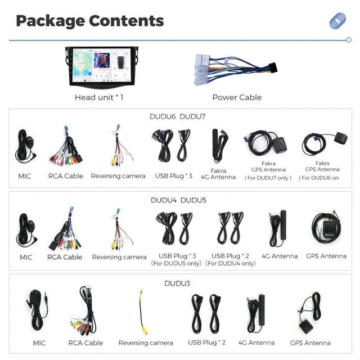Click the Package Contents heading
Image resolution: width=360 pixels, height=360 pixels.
click(90, 21)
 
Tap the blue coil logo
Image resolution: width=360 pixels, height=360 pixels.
click(337, 21)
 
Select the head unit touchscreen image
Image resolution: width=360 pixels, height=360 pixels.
click(102, 67)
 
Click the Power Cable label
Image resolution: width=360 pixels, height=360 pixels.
click(237, 97)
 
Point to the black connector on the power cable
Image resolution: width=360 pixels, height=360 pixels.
click(273, 67)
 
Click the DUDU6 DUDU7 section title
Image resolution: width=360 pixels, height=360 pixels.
click(178, 116)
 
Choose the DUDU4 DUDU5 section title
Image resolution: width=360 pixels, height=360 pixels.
click(178, 200)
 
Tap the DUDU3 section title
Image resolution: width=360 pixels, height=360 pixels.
click(177, 283)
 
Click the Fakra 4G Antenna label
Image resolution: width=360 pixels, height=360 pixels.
click(218, 174)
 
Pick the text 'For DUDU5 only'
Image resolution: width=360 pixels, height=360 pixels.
click(176, 263)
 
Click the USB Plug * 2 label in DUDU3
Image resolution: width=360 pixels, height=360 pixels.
click(206, 343)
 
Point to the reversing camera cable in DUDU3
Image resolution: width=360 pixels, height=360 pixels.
click(142, 312)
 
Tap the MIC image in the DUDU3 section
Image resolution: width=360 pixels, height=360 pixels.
click(37, 310)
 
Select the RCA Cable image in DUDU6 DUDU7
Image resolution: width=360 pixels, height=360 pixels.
click(66, 145)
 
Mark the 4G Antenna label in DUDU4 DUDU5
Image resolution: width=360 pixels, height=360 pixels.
click(280, 256)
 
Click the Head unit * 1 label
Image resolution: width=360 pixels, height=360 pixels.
click(99, 97)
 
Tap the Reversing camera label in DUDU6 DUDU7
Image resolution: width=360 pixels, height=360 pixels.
click(118, 176)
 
